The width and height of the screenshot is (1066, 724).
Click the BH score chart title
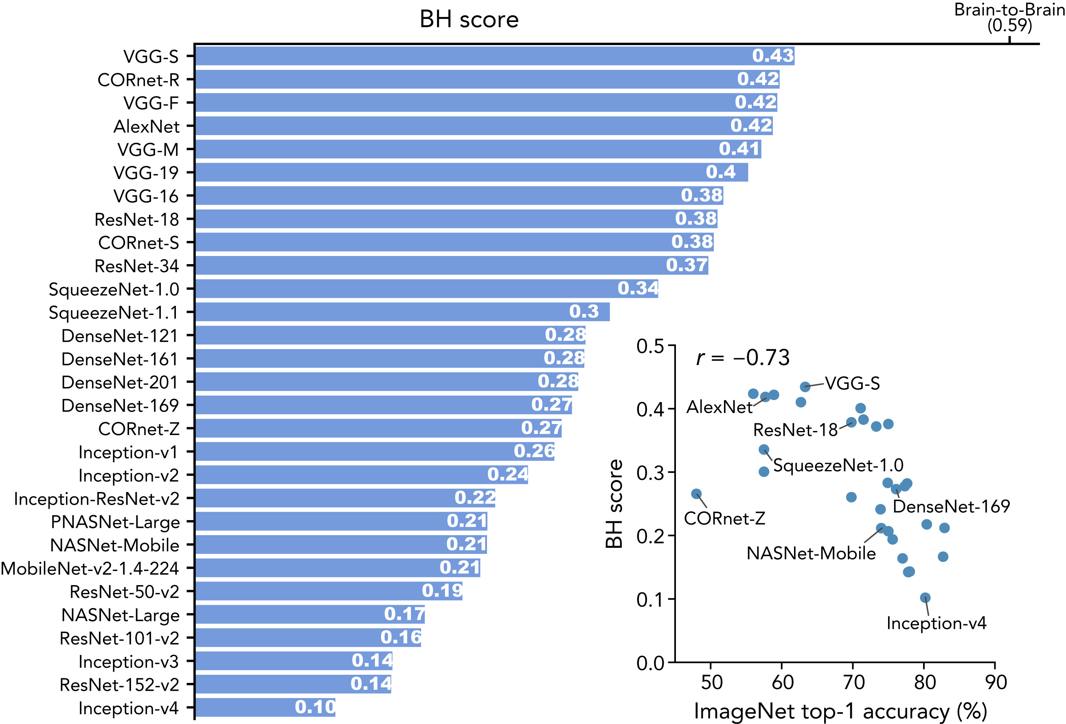tap(469, 20)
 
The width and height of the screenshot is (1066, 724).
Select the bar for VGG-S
tap(494, 56)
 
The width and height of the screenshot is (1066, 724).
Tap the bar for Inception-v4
tap(265, 707)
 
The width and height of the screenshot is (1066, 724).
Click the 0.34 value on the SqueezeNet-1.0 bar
tap(638, 289)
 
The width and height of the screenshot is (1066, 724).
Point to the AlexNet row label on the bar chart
tap(146, 127)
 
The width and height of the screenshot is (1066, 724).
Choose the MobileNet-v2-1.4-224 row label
tap(90, 569)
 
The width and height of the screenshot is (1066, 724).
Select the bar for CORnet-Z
tap(378, 428)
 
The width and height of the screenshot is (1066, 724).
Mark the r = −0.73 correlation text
tap(743, 358)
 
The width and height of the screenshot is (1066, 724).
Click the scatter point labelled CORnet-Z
tap(696, 494)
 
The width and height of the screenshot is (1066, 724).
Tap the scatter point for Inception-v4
tap(925, 598)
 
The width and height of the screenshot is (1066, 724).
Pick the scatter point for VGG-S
tap(805, 387)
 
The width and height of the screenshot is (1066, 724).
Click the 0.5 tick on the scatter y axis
tap(650, 346)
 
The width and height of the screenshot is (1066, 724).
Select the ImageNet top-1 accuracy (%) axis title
tap(840, 711)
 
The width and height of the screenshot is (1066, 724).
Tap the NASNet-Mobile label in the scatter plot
tap(811, 553)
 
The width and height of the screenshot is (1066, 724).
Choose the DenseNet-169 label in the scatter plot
tap(951, 506)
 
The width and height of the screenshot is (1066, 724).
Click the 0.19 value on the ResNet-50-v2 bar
tap(442, 591)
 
